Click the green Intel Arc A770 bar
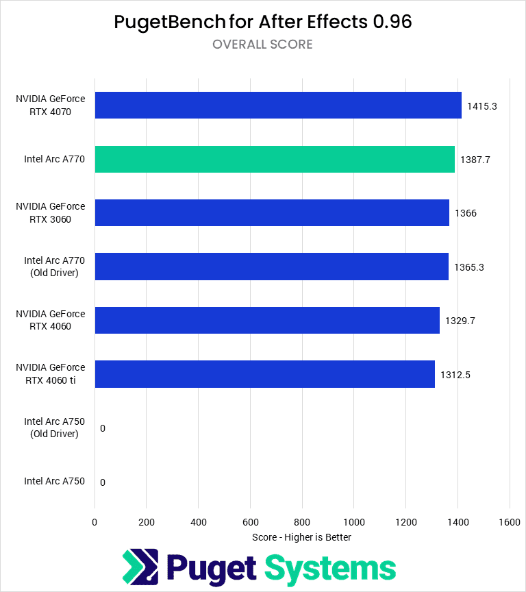point(274,159)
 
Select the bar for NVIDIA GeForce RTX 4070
point(277,106)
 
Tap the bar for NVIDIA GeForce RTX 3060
point(272,212)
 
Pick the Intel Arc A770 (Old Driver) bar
point(271,267)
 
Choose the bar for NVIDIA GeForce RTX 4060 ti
point(264,374)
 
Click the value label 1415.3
point(481,106)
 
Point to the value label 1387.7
point(475,160)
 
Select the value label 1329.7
point(460,321)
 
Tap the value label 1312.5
point(455,374)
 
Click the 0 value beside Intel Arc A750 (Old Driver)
point(103,428)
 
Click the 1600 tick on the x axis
point(510,521)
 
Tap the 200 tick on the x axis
point(147,521)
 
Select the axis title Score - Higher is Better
point(301,537)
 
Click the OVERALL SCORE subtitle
point(262,45)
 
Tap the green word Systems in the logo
point(330,569)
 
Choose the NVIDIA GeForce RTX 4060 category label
point(51,319)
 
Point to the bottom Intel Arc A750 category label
point(54,481)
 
